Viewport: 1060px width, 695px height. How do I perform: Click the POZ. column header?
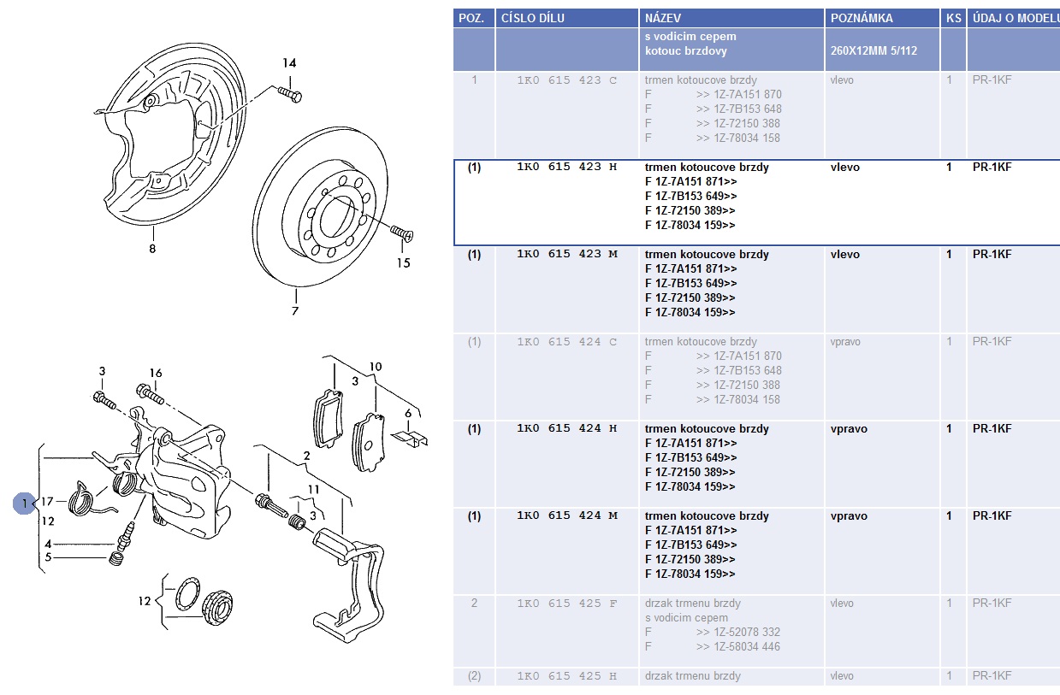click(x=471, y=18)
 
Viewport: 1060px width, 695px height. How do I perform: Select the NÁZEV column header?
click(x=662, y=18)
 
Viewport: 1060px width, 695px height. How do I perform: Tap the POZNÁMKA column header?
click(x=862, y=18)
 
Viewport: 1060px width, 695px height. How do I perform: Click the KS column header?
click(x=954, y=18)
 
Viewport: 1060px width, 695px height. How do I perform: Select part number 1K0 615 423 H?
click(x=566, y=167)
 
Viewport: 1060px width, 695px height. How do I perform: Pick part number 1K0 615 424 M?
click(x=567, y=515)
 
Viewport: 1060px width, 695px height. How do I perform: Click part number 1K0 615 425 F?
click(x=566, y=604)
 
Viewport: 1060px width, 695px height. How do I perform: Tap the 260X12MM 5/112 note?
click(x=873, y=50)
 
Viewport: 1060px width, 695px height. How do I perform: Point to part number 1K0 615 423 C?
click(x=566, y=80)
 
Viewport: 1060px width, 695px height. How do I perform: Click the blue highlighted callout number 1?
click(x=24, y=504)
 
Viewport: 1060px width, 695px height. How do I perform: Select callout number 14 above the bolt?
click(x=289, y=63)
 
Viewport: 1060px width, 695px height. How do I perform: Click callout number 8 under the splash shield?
click(x=152, y=249)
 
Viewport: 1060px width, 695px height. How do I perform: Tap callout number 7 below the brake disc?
click(x=295, y=310)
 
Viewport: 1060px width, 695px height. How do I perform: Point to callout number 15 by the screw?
click(x=403, y=263)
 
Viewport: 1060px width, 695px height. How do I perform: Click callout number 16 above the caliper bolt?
click(x=156, y=373)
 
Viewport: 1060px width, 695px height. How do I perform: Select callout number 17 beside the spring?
click(x=47, y=501)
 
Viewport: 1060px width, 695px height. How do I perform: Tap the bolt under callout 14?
click(x=290, y=94)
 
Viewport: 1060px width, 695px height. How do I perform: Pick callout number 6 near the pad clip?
click(x=408, y=413)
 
